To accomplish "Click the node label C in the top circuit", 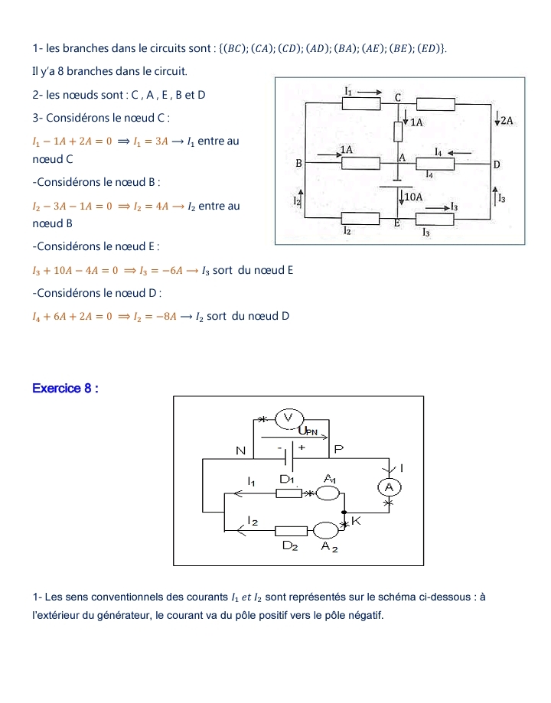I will [x=398, y=98].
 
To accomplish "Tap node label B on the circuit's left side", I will [x=299, y=164].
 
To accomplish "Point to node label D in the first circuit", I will [x=496, y=164].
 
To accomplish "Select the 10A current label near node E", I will [x=414, y=197].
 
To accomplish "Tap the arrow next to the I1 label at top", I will [x=370, y=90].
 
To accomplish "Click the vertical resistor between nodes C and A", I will [x=398, y=131].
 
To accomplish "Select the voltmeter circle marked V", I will [x=289, y=418].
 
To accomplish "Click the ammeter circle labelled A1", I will [x=328, y=492].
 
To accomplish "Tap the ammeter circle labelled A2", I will [x=326, y=529].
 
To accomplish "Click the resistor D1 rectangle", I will [x=289, y=493].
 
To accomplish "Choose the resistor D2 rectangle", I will [x=291, y=530].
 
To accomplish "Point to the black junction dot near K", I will [x=344, y=513].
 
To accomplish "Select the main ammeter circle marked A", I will [x=390, y=487].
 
